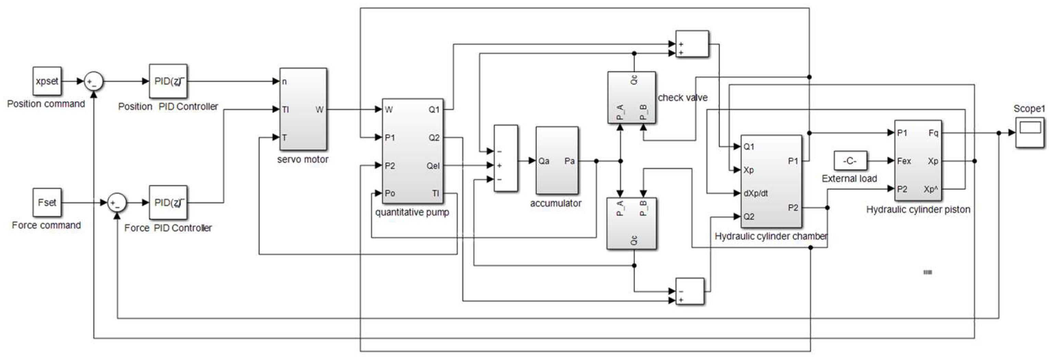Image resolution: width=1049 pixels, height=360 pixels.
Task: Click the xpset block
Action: coord(47,81)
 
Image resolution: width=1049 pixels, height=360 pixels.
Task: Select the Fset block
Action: coord(47,202)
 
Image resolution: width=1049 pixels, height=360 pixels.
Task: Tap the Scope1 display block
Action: coord(1029,132)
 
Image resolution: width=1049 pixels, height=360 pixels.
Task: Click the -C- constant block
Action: coord(850,161)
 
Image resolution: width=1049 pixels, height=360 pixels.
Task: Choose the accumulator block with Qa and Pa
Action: coord(556,161)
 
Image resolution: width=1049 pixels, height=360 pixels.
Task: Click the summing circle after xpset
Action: coord(94,82)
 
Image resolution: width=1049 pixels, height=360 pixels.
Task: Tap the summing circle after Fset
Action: coord(117,202)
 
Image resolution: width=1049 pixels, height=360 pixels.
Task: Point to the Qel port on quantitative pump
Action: coord(433,166)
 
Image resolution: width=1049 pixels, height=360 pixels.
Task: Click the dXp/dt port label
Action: coord(756,193)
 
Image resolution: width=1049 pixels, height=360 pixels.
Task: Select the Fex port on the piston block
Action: coord(904,161)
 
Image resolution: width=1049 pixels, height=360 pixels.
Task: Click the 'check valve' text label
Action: coord(683,98)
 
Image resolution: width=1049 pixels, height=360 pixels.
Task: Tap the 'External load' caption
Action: coord(849,179)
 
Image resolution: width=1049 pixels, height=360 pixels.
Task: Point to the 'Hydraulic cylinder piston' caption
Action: coord(918,210)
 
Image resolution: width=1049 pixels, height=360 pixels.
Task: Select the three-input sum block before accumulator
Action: coord(505,158)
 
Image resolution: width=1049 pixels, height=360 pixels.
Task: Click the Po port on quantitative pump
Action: coord(390,193)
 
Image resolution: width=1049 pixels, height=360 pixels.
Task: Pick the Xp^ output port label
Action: coord(930,189)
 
